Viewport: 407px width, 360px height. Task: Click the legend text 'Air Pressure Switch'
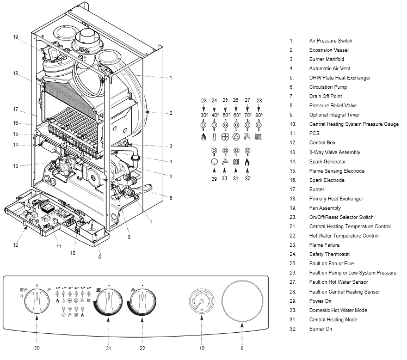tap(330, 41)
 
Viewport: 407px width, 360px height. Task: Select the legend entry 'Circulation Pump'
tap(328, 87)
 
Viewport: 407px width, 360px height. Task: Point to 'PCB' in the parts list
tap(314, 133)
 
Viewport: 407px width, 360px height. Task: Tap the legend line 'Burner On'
tap(320, 329)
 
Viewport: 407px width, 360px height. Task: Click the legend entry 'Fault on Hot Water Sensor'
tap(338, 282)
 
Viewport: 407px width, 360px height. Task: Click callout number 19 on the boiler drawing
tap(16, 36)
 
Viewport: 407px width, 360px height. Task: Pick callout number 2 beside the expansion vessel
tap(170, 113)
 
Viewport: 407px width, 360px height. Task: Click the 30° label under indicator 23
tap(203, 115)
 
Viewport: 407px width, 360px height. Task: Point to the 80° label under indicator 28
tap(259, 115)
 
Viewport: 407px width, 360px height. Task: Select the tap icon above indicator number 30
tap(225, 162)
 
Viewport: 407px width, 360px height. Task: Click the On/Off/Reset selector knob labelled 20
tap(36, 300)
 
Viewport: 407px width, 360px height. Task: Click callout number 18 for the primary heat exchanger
tap(16, 73)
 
